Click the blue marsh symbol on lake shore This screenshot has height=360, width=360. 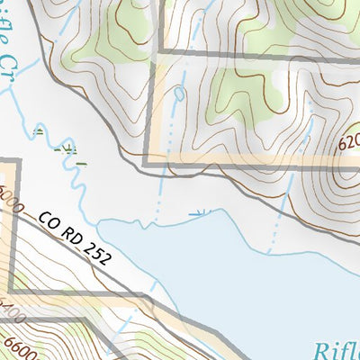[199, 214]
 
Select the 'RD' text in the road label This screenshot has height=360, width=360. [71, 230]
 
